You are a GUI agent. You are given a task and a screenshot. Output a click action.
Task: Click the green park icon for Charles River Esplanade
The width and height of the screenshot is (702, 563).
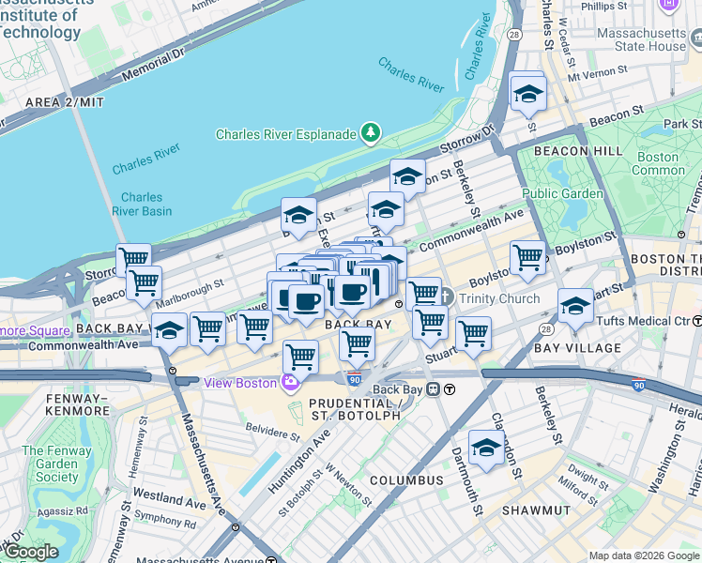point(372,134)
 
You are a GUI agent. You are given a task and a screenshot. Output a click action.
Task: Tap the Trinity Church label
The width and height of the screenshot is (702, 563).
point(498,299)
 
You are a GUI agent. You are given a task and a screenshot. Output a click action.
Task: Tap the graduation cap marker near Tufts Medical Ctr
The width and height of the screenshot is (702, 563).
point(575,306)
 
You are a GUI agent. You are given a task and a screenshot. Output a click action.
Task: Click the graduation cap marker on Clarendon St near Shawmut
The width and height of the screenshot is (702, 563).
point(486,448)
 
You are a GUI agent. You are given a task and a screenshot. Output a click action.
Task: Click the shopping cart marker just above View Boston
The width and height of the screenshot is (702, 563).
point(300,356)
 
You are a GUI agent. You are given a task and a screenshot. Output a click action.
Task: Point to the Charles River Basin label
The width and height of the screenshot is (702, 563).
point(141,205)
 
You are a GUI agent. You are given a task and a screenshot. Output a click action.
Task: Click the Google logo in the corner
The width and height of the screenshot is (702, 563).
point(31,552)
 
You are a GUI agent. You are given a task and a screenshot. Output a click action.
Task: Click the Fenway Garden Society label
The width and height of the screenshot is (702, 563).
point(57,464)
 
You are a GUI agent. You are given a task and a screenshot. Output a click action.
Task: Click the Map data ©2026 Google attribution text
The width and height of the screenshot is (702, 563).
point(643,555)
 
